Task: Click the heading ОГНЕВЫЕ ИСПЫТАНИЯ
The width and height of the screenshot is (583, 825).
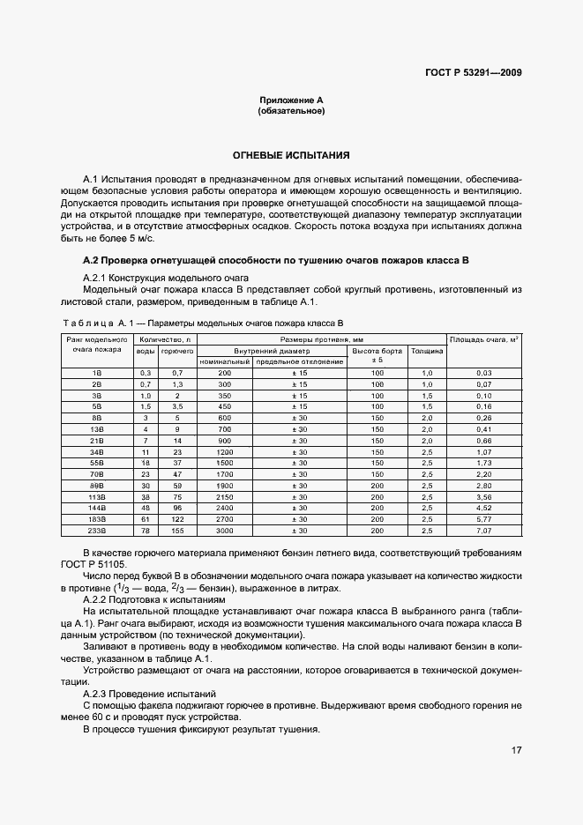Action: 291,154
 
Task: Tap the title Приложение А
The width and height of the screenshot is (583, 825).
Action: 291,100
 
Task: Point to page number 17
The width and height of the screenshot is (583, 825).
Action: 515,751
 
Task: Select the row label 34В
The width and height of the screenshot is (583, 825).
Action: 96,451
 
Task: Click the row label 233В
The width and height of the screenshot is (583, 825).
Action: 96,531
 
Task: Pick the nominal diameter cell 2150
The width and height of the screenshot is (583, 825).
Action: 224,496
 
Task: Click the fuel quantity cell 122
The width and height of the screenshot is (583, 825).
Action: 177,519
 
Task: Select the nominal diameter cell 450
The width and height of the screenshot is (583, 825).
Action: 224,406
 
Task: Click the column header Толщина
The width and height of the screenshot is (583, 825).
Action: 427,351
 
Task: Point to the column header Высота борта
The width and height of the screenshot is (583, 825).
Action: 377,351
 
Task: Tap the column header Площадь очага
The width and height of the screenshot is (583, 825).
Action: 483,339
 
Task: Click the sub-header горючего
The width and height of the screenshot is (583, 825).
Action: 177,351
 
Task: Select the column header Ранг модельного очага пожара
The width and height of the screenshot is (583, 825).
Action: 96,344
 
